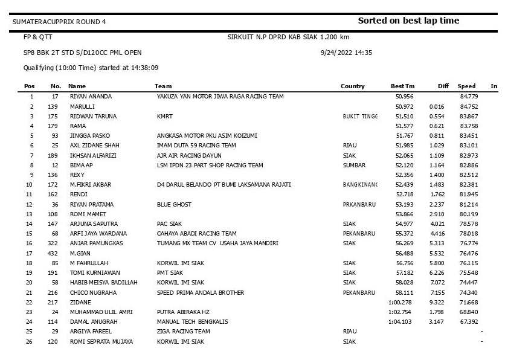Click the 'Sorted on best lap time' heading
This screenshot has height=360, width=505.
[x=408, y=21]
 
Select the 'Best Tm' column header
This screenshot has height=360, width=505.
[x=403, y=86]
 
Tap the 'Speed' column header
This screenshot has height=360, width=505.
[x=466, y=86]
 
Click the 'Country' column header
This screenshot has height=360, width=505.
[x=353, y=86]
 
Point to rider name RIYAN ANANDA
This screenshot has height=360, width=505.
[x=91, y=96]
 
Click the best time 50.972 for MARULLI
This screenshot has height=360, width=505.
[x=404, y=106]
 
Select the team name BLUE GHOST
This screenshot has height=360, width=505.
[x=174, y=204]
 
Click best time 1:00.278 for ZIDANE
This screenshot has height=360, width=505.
[x=400, y=302]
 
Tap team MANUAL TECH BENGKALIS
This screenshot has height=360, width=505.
[x=192, y=321]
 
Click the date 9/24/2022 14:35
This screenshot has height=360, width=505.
[x=346, y=53]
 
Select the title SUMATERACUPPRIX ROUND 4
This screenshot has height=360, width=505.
[x=59, y=22]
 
